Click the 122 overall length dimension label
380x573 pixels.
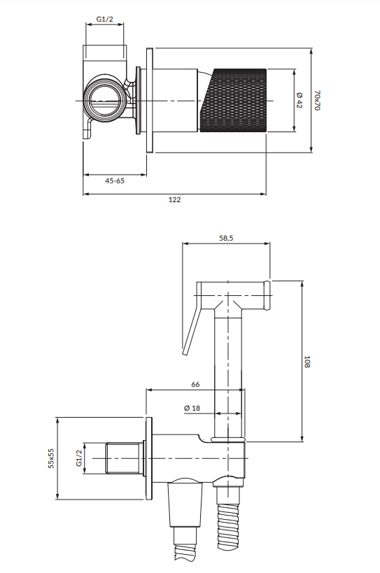(175, 199)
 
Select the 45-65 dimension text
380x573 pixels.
(115, 181)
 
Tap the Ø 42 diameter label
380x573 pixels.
(300, 100)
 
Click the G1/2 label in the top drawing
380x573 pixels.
(105, 19)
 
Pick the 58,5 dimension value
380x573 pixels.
(226, 239)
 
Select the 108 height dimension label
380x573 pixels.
(307, 362)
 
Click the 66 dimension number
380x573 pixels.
(195, 384)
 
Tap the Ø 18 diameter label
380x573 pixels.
(192, 408)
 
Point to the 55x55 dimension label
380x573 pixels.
(51, 458)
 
